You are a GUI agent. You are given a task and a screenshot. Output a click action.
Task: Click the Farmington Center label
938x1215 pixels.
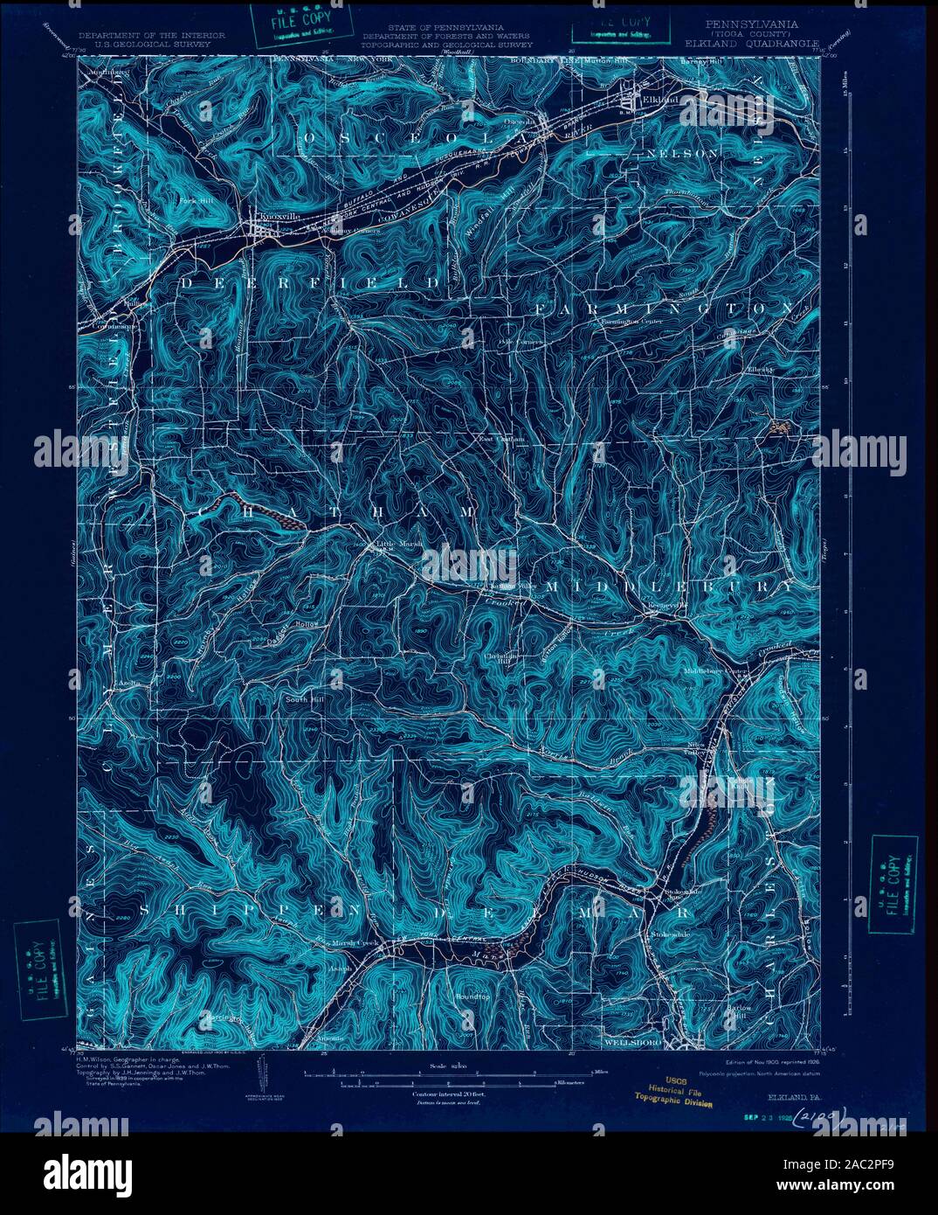pos(632,321)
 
